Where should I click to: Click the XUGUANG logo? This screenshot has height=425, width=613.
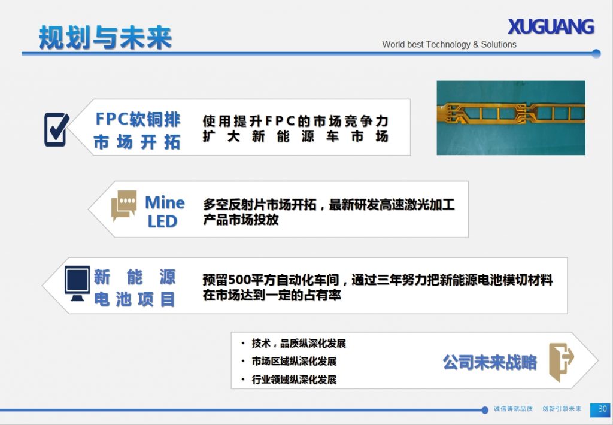[551, 27]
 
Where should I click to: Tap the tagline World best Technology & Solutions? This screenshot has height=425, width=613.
[449, 44]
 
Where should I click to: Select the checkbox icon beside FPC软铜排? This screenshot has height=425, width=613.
[56, 129]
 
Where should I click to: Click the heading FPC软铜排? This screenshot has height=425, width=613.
[138, 119]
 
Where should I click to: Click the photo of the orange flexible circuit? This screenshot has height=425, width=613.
[511, 117]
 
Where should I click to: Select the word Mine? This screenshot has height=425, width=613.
[165, 202]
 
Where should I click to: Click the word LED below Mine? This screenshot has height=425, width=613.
[163, 221]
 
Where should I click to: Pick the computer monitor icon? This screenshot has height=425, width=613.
[77, 283]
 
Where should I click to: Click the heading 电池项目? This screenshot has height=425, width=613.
[135, 299]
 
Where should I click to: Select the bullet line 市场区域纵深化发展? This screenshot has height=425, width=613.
[293, 362]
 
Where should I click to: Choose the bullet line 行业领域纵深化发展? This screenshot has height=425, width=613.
[293, 380]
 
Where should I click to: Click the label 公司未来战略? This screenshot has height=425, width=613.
[490, 362]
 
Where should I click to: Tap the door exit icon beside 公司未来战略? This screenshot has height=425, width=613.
[561, 362]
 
